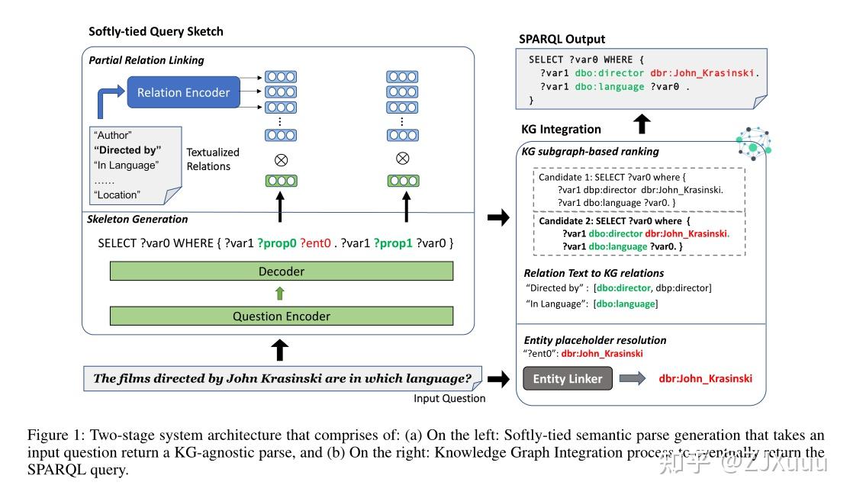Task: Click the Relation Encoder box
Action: pyautogui.click(x=183, y=92)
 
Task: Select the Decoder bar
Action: pyautogui.click(x=282, y=271)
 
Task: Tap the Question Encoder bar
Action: pyautogui.click(x=282, y=316)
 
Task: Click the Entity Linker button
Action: pyautogui.click(x=568, y=379)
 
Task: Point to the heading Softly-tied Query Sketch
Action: pyautogui.click(x=156, y=31)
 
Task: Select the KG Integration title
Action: pyautogui.click(x=561, y=129)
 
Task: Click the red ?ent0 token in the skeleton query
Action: pyautogui.click(x=317, y=243)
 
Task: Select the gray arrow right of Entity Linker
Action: pyautogui.click(x=633, y=379)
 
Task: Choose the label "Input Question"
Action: pyautogui.click(x=449, y=398)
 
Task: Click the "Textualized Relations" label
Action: pyautogui.click(x=213, y=159)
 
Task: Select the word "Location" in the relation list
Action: pyautogui.click(x=117, y=194)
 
